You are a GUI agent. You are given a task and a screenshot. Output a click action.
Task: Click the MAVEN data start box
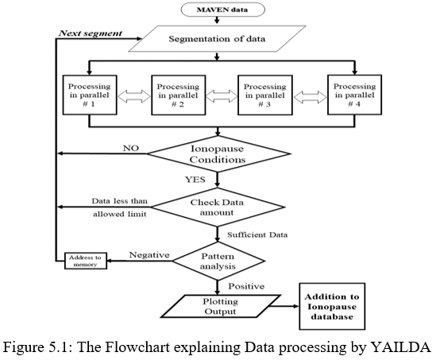point(223,10)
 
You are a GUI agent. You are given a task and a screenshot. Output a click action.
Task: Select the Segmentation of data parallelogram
point(217,39)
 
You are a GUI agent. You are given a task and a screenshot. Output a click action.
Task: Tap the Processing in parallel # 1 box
point(90,95)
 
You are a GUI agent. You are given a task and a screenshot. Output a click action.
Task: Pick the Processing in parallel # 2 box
point(179,95)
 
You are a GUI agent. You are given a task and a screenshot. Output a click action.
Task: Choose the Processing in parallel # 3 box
point(265,95)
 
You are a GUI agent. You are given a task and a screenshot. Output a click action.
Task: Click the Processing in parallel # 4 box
point(354,95)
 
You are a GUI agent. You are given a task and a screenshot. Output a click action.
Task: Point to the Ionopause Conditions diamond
point(218,154)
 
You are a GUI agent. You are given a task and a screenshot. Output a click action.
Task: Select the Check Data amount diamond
point(218,207)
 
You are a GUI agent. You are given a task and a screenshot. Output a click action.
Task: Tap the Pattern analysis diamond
point(218,261)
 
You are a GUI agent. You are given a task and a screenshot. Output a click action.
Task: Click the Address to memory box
point(86,261)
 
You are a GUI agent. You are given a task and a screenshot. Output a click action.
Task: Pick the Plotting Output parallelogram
point(221,306)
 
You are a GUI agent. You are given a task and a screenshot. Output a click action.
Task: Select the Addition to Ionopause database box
point(332,307)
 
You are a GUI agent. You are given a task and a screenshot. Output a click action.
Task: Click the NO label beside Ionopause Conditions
point(131,148)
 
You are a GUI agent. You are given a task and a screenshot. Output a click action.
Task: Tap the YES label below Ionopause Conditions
point(195,180)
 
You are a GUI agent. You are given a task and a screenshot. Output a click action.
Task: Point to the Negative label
point(149,255)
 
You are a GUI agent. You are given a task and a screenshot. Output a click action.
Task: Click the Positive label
point(246,286)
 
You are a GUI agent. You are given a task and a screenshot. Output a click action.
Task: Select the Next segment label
point(91,33)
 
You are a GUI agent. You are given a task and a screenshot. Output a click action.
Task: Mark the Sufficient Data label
point(257,234)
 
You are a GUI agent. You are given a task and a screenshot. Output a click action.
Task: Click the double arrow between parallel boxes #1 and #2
point(134,96)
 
